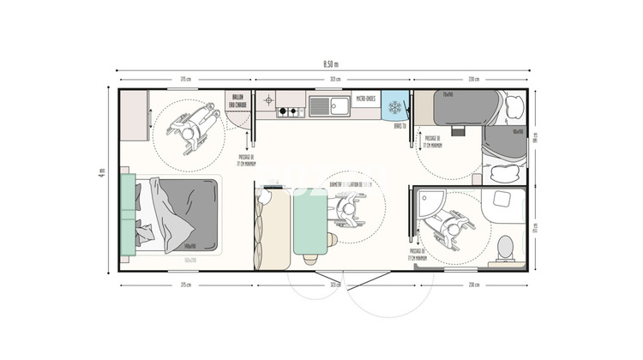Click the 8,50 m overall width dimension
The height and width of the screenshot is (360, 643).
point(330,64)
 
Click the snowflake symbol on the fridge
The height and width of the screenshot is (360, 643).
point(395,107)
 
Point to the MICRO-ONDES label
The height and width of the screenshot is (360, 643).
point(365,99)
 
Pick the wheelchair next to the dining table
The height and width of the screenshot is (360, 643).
point(347,206)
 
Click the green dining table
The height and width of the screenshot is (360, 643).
point(309,222)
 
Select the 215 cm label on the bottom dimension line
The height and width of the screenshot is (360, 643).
point(185,284)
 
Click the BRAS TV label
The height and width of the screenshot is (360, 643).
point(399,126)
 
